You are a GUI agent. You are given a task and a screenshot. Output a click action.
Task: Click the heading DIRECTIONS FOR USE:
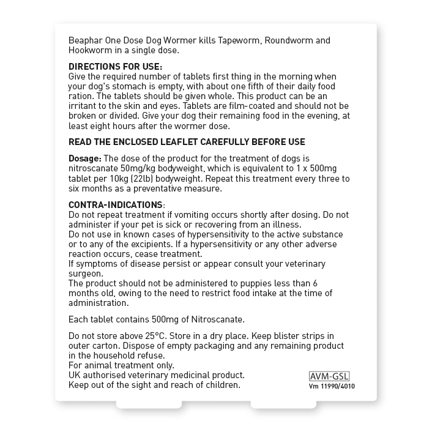pyautogui.click(x=116, y=66)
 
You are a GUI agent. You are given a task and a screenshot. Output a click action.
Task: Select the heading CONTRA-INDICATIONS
pyautogui.click(x=116, y=205)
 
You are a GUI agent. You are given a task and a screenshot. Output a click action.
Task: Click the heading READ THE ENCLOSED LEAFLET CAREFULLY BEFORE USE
pyautogui.click(x=187, y=142)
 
